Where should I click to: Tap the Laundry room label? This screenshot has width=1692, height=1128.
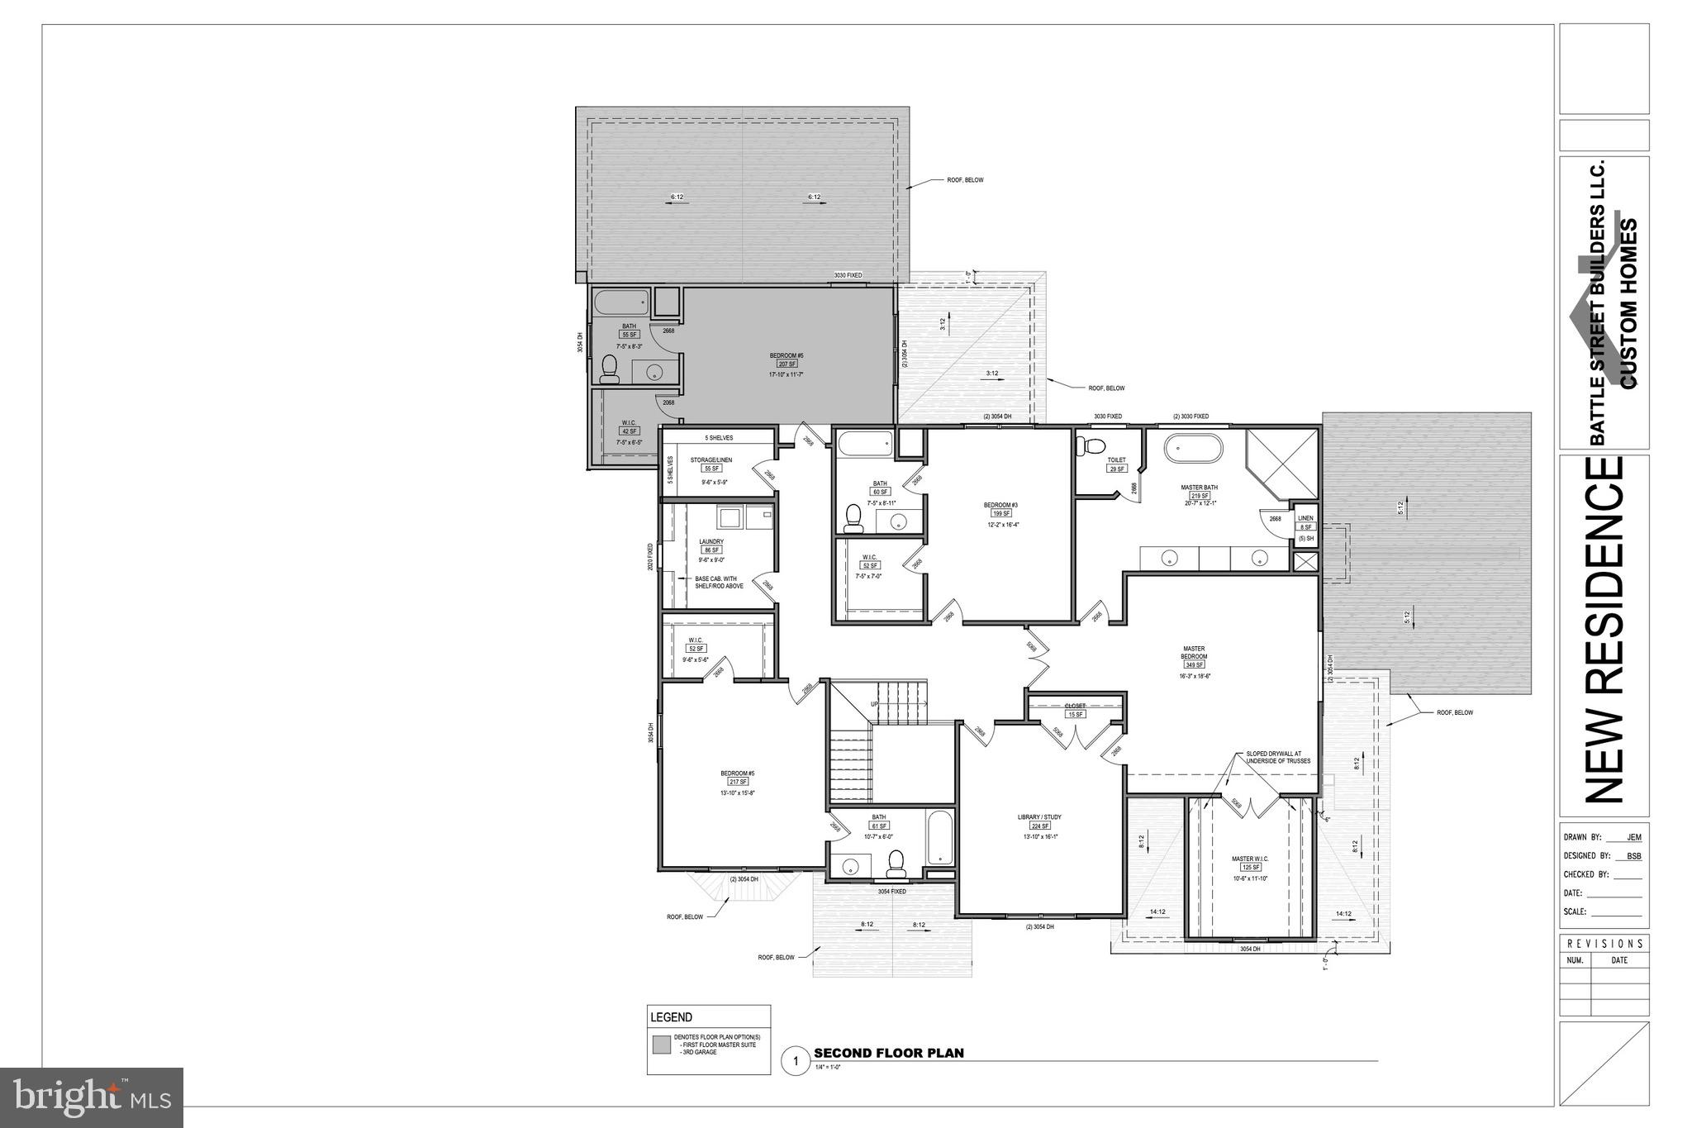coord(711,542)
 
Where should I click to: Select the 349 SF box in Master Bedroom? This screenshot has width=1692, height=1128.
coord(1195,664)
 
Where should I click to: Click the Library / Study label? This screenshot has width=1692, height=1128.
coord(1039,817)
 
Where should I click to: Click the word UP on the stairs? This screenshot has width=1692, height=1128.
coord(874,704)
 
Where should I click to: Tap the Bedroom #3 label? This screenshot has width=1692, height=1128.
coord(1000,505)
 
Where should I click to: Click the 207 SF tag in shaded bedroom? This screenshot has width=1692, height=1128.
coord(787,364)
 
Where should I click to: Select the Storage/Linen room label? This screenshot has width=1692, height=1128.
coord(711,460)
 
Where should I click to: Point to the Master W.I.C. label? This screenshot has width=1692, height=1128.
coord(1249,859)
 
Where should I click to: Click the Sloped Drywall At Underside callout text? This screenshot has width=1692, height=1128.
coord(1278,757)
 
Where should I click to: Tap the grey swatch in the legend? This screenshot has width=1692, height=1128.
coord(662,1045)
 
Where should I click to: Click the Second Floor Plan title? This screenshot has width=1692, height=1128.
coord(889,1053)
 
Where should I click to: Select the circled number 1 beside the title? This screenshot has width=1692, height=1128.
coord(796,1061)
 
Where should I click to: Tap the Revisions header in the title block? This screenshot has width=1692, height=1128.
coord(1604,944)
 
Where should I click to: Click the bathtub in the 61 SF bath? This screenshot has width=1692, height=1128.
coord(940,839)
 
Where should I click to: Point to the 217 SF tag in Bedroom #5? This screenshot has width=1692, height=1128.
coord(737,782)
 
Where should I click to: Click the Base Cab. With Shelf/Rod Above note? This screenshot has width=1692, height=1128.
coord(719,583)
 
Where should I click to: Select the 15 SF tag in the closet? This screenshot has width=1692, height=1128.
coord(1074,714)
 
